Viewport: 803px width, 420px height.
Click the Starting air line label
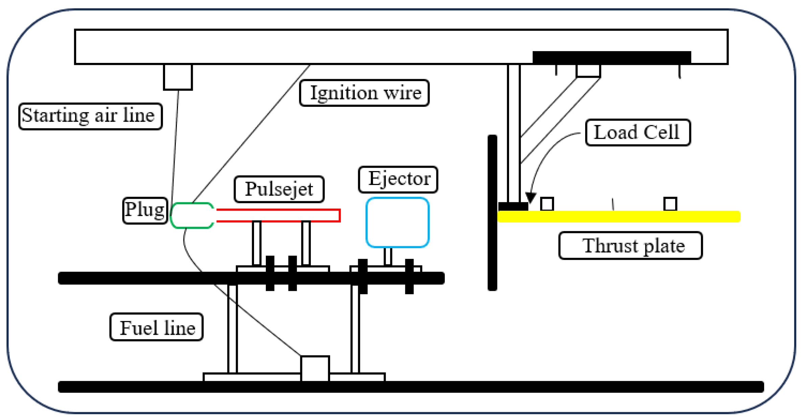90,116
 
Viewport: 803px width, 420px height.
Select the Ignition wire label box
365,93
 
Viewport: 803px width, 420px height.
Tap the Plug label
145,210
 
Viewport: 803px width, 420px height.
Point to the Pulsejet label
279,189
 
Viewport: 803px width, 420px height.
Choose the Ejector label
398,180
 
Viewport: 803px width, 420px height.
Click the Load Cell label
638,133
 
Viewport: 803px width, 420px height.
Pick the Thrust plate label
631,246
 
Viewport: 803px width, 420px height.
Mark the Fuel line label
157,327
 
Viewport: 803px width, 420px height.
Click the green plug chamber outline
172,216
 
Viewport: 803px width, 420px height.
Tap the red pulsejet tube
278,210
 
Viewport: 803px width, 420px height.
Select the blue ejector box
366,223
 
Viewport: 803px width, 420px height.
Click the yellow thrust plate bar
619,216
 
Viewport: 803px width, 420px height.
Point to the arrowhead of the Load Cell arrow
531,197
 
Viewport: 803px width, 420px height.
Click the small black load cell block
513,206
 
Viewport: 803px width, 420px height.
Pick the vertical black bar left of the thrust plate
492,213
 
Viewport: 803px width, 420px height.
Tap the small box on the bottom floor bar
315,369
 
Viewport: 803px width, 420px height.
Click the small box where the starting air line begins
178,77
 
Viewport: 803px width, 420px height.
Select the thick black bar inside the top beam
612,57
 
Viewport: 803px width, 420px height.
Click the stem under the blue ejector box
388,257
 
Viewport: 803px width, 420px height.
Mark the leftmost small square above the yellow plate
547,204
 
